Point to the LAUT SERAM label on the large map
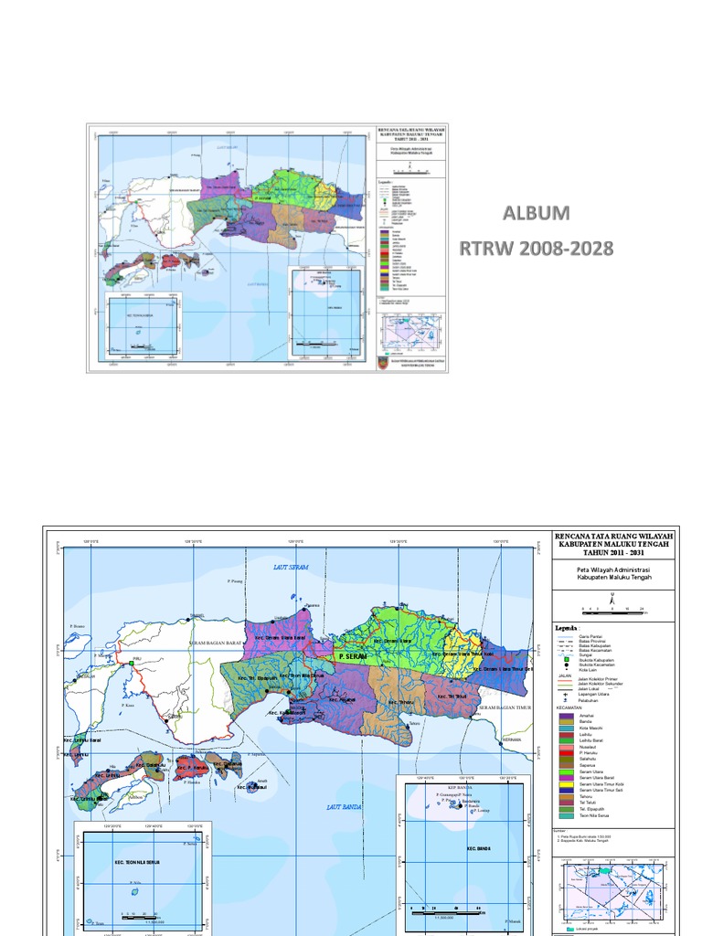(x=292, y=568)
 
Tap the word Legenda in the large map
(x=566, y=628)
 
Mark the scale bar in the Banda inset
(x=447, y=908)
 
